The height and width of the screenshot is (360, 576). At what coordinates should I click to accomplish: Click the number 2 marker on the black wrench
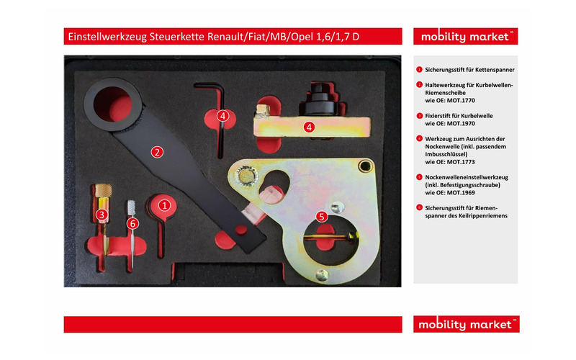tap(156, 151)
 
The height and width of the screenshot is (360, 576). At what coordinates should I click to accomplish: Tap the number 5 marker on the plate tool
tap(322, 215)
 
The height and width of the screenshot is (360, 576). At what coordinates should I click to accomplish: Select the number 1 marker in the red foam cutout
tap(164, 204)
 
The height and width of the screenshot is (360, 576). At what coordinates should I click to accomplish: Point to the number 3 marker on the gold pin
tap(102, 214)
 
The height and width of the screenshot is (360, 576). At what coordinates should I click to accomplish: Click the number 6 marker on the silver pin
tap(132, 223)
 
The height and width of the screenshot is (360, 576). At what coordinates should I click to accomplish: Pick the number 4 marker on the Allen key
tap(223, 115)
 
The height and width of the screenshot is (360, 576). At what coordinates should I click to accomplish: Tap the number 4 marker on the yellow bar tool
tap(309, 127)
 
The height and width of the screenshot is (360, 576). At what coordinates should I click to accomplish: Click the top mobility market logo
tap(466, 36)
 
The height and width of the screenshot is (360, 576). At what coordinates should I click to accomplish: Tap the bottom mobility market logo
tap(466, 324)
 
